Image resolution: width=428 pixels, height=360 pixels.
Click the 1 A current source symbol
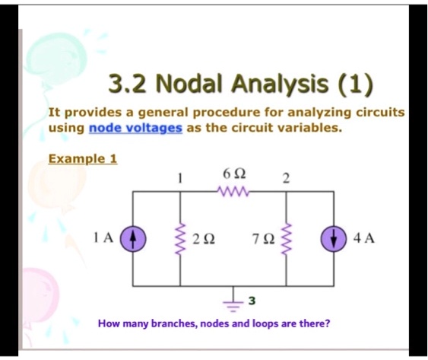point(133,238)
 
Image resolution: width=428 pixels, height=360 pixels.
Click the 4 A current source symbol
point(334,238)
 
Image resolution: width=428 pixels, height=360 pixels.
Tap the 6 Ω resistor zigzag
point(233,192)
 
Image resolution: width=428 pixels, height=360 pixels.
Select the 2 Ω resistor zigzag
point(180,238)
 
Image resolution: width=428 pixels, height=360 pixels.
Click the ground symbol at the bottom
point(233,298)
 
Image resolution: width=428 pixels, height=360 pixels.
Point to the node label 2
point(285,179)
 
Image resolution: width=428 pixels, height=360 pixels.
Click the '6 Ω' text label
point(233,174)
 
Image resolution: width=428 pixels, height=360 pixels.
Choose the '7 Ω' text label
point(264,239)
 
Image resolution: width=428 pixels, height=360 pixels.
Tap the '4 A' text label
point(363,238)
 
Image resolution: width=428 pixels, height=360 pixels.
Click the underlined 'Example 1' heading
point(83,159)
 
